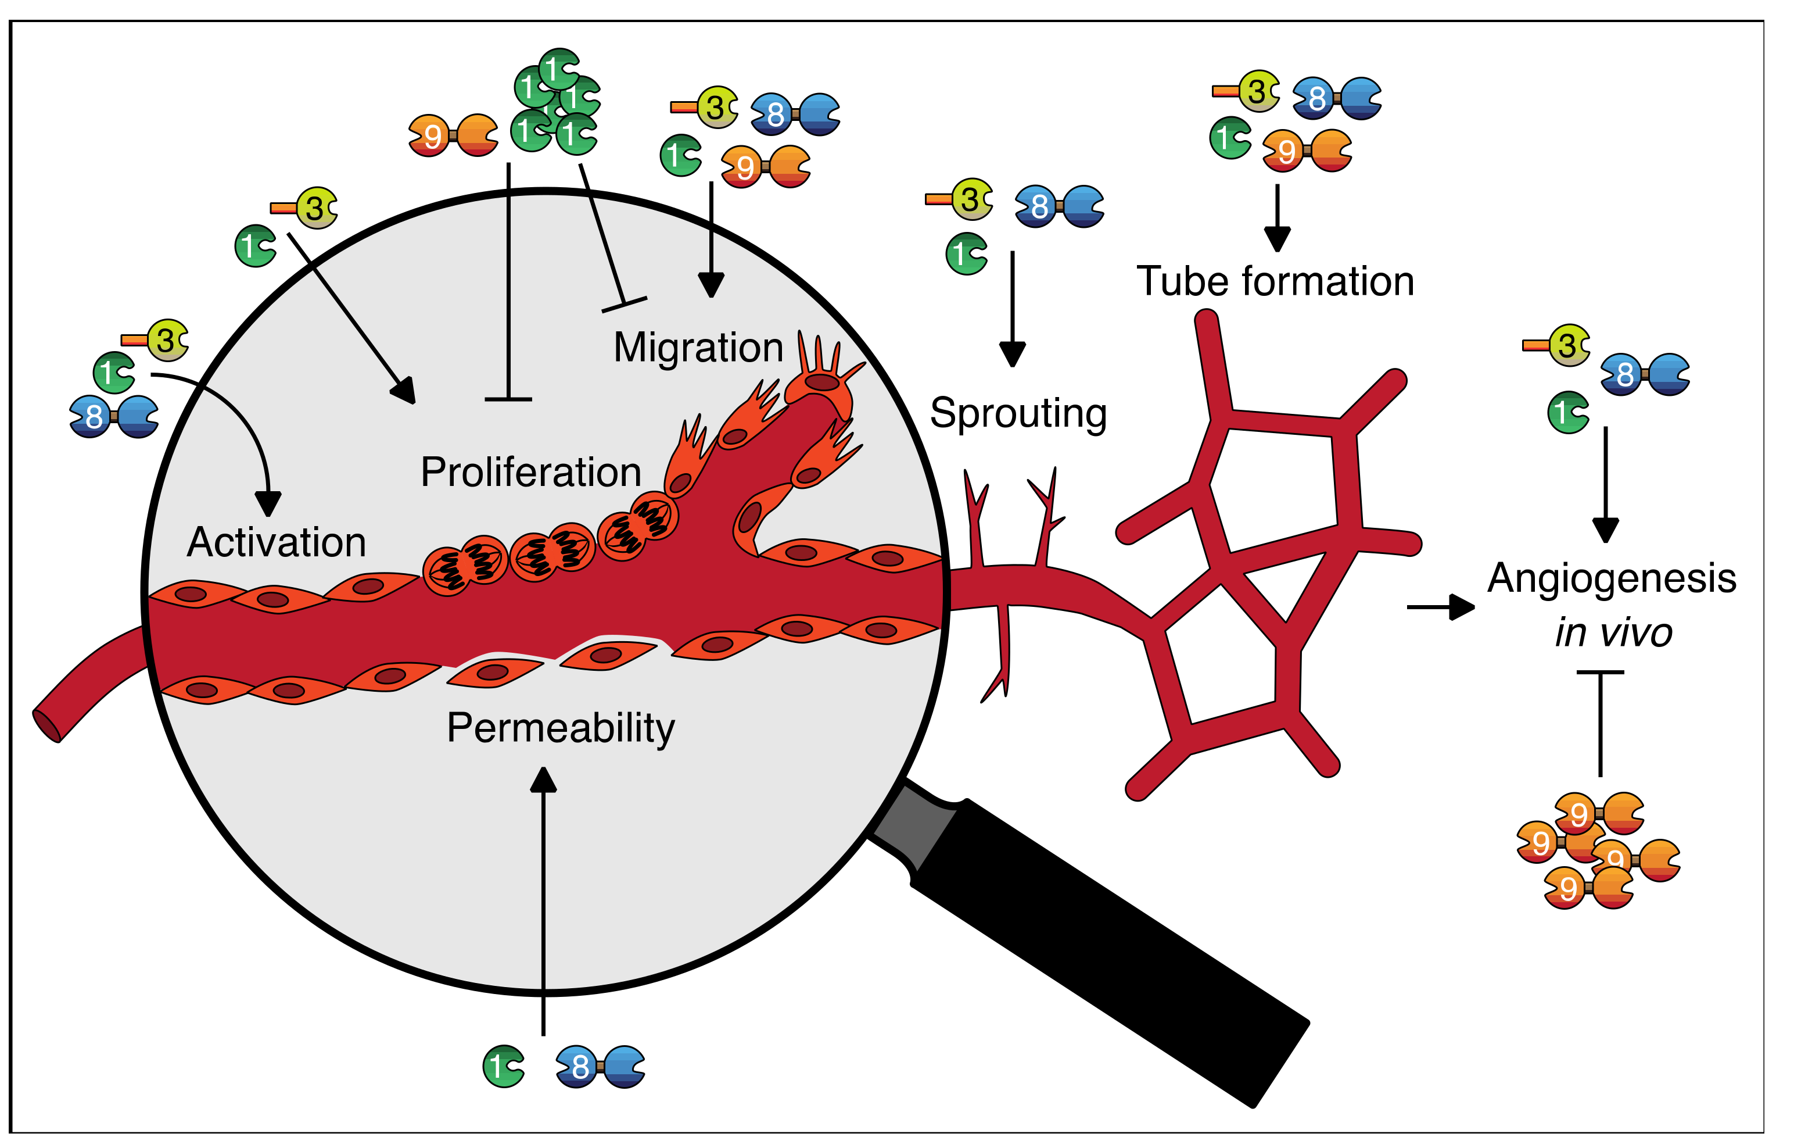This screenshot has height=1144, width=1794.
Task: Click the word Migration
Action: [x=698, y=348]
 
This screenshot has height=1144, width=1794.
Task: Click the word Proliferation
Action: [x=530, y=473]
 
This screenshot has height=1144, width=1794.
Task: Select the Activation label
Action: [x=277, y=542]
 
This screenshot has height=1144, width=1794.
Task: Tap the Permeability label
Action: [x=560, y=728]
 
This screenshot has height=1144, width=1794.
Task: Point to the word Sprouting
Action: [x=1018, y=414]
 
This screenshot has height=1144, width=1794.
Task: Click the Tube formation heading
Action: [x=1275, y=282]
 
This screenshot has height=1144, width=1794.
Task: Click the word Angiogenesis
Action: [x=1612, y=579]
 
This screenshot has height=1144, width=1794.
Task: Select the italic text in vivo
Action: [x=1613, y=632]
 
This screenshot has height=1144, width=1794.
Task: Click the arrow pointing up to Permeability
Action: [x=543, y=895]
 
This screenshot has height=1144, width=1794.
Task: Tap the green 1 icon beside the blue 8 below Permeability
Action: [x=503, y=1067]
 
